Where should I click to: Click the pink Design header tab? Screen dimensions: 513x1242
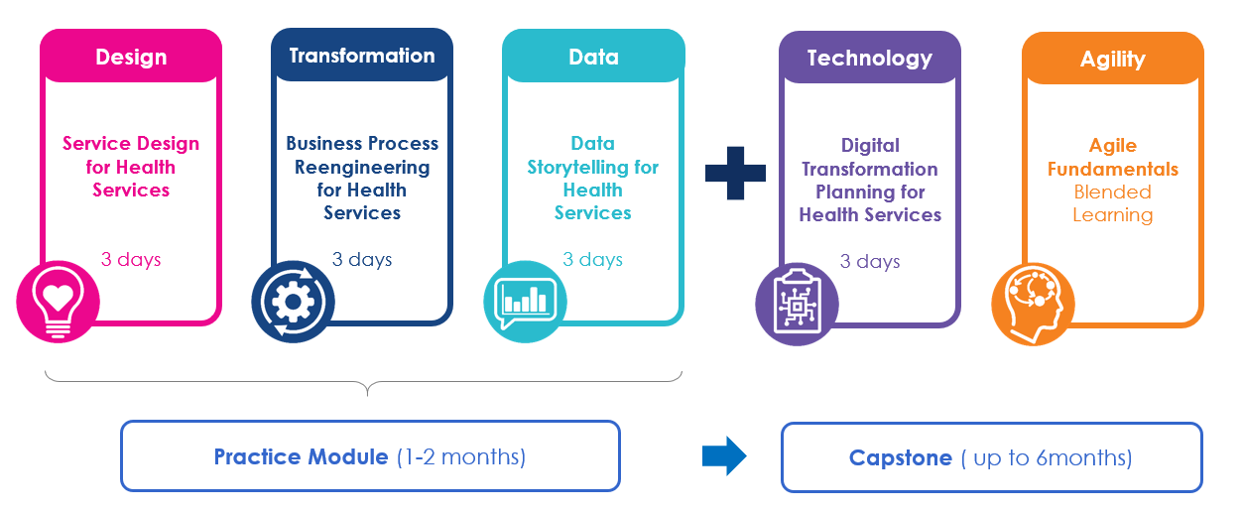click(130, 57)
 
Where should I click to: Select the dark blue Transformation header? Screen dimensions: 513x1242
click(362, 56)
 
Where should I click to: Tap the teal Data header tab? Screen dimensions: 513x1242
click(593, 57)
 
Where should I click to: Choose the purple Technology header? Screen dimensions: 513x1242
click(869, 59)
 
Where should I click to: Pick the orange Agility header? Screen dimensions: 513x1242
click(1112, 60)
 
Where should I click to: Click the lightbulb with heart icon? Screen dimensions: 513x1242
click(58, 301)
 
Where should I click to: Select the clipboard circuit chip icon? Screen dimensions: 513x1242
click(797, 304)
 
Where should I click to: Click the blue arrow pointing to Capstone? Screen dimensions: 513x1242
click(723, 456)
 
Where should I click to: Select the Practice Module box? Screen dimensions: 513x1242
click(370, 456)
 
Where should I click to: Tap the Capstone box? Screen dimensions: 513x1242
click(991, 457)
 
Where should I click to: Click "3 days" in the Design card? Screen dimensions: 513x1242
click(131, 260)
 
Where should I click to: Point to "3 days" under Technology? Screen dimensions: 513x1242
click(870, 262)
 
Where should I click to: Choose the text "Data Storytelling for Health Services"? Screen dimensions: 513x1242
click(593, 178)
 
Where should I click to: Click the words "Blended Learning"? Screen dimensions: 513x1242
click(1112, 203)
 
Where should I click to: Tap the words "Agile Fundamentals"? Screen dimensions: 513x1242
click(1112, 157)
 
